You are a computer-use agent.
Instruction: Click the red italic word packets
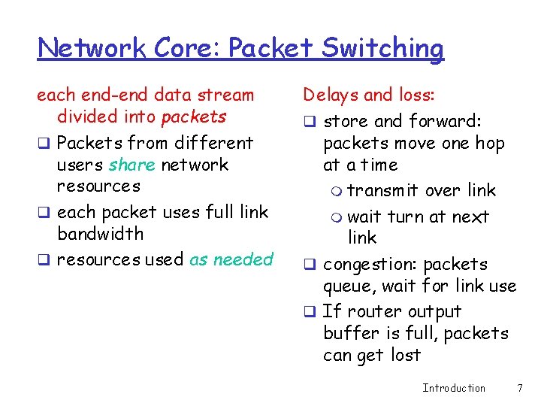pos(194,117)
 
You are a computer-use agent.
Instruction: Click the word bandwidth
pos(100,234)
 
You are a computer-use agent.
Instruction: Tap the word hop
pos(489,143)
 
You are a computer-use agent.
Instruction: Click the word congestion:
pos(368,265)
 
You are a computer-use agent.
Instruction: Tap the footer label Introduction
pos(454,388)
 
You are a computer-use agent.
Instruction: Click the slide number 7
pos(520,388)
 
